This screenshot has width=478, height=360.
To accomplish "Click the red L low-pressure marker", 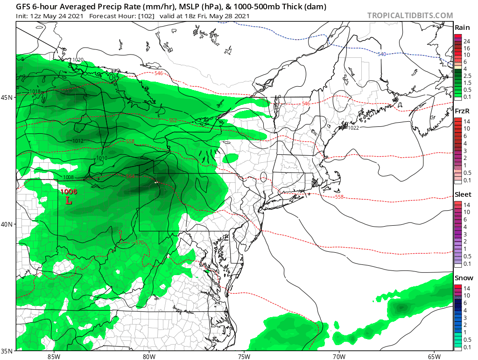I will click(x=69, y=201).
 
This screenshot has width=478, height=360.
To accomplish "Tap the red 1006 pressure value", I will click(x=69, y=192).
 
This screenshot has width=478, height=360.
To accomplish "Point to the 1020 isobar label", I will click(x=78, y=60).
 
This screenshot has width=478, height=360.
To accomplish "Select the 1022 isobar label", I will click(x=353, y=128).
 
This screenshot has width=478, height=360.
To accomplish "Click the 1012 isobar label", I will click(x=78, y=141).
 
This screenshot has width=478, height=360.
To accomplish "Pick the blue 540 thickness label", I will click(x=382, y=55).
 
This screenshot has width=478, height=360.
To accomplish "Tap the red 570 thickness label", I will click(x=139, y=242).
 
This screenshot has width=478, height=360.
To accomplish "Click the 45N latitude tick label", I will click(x=7, y=97).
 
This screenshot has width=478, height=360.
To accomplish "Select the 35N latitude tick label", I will click(x=7, y=351).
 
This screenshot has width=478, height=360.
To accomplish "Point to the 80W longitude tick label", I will click(x=149, y=357).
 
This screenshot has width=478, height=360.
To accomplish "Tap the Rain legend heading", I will click(x=462, y=28).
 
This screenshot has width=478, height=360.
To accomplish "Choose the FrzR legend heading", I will click(x=462, y=111).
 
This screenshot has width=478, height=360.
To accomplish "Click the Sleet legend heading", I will click(x=463, y=194).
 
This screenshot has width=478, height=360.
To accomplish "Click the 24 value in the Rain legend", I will click(x=466, y=42).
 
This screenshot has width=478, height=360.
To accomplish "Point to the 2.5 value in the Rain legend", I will click(x=467, y=76).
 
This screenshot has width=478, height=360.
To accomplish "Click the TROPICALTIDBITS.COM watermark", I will click(x=410, y=15).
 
